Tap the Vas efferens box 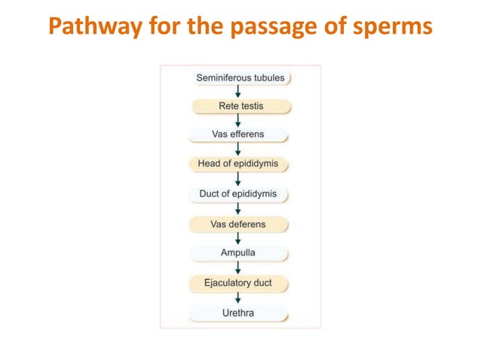[238, 136]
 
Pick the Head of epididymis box [238, 164]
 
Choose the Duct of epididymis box [238, 194]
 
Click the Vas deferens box [238, 223]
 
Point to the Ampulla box [238, 252]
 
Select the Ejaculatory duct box [238, 282]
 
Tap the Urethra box [238, 312]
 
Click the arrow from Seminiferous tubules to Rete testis [238, 92]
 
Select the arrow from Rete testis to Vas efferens [238, 121]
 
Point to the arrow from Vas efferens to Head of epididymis [238, 150]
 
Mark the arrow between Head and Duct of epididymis [238, 179]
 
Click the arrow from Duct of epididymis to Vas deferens [238, 209]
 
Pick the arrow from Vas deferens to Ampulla [238, 238]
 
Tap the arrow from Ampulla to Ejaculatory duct [238, 267]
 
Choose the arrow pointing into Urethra [238, 297]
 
